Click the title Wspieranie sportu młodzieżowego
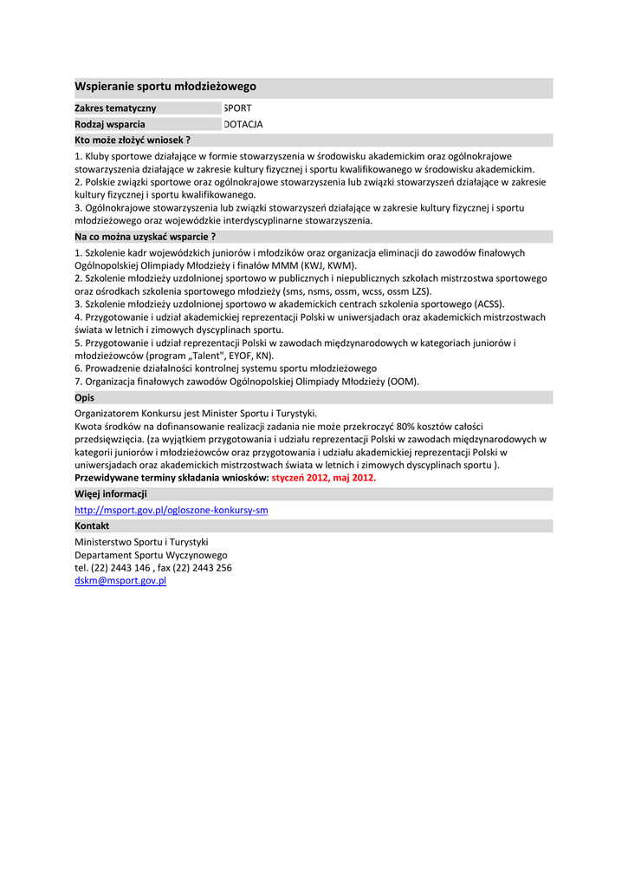pos(165,87)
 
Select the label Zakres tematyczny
pos(115,108)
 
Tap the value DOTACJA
pos(243,124)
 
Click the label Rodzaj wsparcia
pos(110,124)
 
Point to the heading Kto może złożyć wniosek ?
pos(133,139)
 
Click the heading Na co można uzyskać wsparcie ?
pos(145,236)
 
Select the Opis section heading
pos(85,397)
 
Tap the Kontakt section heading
pos(92,526)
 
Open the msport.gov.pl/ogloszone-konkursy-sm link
pos(172,510)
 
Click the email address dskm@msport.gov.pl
pos(120,581)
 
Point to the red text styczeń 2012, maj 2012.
pos(324,478)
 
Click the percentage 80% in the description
pos(407,426)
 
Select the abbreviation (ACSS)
pos(489,304)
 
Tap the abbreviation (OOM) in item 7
pos(402,382)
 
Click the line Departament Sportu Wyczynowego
pos(151,555)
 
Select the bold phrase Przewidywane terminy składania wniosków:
pos(172,478)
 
